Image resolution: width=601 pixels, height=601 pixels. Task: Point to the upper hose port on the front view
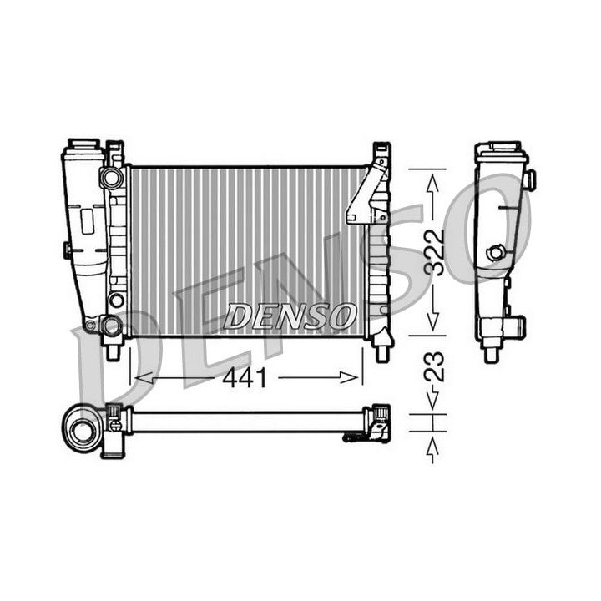pyautogui.click(x=109, y=177)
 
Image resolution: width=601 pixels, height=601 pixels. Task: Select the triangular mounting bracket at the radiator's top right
pyautogui.click(x=367, y=194)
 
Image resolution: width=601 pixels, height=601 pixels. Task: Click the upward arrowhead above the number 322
pyautogui.click(x=432, y=180)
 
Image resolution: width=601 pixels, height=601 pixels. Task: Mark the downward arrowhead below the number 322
pyautogui.click(x=432, y=322)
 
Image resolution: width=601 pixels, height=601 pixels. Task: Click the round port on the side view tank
pyautogui.click(x=497, y=252)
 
